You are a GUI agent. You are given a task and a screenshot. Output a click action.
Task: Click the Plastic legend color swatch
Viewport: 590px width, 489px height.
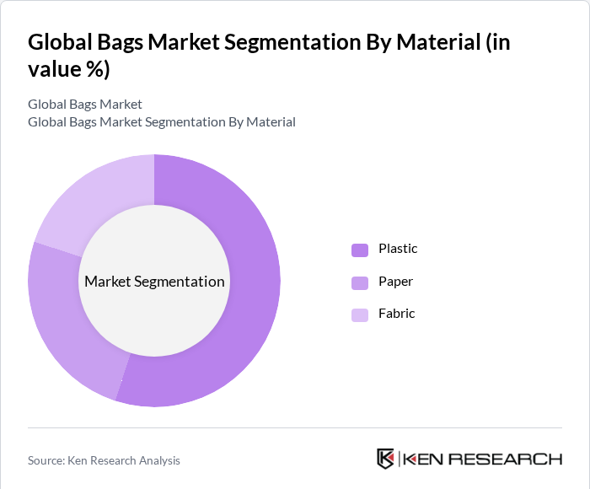tap(360, 250)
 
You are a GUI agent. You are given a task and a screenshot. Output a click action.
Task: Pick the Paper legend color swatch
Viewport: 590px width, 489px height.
tap(360, 282)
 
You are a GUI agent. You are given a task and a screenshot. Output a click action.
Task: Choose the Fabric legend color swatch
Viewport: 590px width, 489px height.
tap(360, 314)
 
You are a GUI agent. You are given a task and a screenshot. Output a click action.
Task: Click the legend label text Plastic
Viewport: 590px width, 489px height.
tap(398, 249)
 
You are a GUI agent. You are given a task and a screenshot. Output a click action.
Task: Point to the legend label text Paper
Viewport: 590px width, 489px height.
tap(396, 282)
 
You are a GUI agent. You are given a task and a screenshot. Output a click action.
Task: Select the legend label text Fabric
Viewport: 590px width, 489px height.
tap(397, 314)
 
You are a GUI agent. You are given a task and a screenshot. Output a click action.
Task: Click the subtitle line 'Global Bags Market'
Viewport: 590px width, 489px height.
tap(85, 105)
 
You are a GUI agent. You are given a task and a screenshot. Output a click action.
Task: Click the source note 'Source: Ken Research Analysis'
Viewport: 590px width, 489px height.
tap(104, 460)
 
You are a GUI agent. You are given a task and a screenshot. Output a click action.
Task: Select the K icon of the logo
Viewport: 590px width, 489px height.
tap(385, 459)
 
